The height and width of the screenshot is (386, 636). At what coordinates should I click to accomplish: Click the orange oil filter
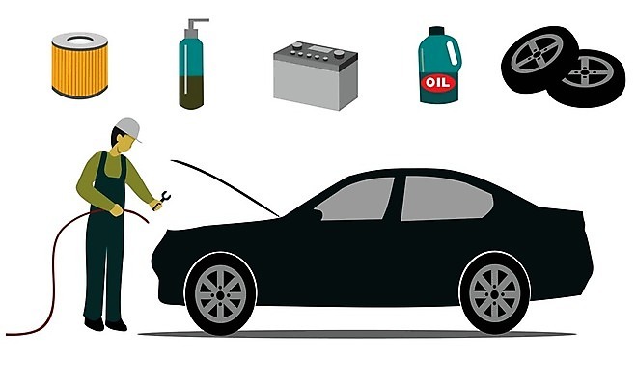tap(80, 66)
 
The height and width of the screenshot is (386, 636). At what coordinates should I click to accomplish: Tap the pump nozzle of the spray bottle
tap(197, 24)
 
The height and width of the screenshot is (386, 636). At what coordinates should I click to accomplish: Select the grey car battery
tap(316, 75)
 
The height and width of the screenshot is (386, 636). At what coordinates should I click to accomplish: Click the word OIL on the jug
tap(438, 83)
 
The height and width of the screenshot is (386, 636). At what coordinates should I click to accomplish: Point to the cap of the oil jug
tap(437, 31)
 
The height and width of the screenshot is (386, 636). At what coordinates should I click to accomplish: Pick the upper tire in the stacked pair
tap(539, 59)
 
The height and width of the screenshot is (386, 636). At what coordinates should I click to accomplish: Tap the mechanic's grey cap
tap(129, 128)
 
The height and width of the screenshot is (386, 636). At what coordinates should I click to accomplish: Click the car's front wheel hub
tap(221, 294)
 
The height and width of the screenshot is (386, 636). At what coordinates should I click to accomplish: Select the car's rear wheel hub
tap(495, 293)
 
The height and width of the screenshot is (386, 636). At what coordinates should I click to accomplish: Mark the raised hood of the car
tap(225, 186)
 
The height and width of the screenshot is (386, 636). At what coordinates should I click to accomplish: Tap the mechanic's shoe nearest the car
tap(116, 325)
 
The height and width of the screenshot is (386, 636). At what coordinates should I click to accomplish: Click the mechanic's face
tap(125, 143)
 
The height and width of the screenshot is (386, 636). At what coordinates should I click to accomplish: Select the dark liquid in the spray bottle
tap(191, 93)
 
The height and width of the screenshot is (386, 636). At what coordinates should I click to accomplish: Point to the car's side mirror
tap(318, 213)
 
